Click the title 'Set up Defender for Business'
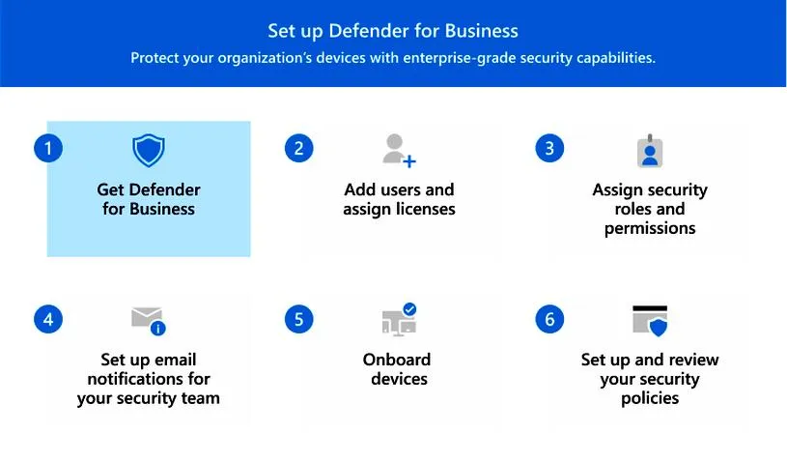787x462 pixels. point(393,31)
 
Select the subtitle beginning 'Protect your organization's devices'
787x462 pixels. point(393,58)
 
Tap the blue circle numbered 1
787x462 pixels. point(47,148)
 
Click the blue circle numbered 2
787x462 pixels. point(299,148)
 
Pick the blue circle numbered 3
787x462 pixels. point(549,148)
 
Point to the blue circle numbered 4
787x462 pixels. point(47,319)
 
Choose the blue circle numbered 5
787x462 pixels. point(299,319)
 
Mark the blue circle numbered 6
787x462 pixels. point(549,319)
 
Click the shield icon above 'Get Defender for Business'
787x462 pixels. point(149,151)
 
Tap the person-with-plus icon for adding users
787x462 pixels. point(399,151)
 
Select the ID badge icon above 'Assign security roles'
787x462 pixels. point(650,152)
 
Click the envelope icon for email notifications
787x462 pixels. point(148,320)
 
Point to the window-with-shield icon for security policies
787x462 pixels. point(650,320)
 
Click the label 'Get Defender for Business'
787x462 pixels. point(149,199)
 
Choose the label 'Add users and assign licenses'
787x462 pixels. point(399,199)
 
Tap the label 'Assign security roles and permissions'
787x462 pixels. point(650,209)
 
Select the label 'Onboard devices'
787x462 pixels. point(397,369)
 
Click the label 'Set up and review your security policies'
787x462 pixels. point(650,379)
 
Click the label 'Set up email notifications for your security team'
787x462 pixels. point(149,379)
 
